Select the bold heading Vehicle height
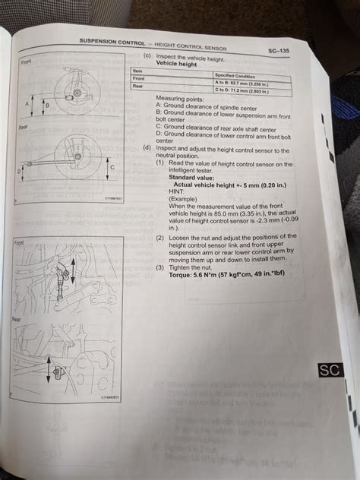(177, 64)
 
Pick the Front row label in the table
(140, 79)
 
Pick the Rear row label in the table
(139, 86)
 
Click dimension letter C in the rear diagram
(112, 166)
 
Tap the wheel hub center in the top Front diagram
(77, 94)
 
